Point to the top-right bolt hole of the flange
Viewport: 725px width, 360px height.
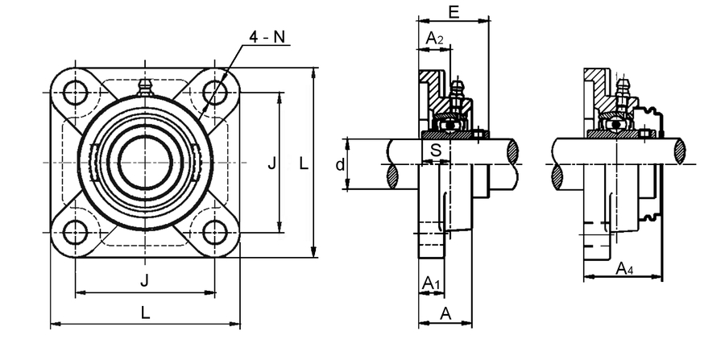click(x=214, y=90)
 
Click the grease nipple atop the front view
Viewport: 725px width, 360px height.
click(x=145, y=87)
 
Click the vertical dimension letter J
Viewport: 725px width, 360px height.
click(x=271, y=163)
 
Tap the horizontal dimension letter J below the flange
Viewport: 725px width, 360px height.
click(x=144, y=280)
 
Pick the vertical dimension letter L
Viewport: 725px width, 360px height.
click(x=303, y=163)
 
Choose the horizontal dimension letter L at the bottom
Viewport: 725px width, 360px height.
click(x=144, y=314)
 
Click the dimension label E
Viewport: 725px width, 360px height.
click(x=453, y=12)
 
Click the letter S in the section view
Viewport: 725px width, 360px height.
click(x=435, y=150)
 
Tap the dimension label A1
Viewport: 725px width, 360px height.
click(x=432, y=283)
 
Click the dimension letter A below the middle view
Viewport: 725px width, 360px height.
click(x=445, y=314)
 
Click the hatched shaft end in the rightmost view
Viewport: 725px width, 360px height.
click(x=681, y=151)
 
